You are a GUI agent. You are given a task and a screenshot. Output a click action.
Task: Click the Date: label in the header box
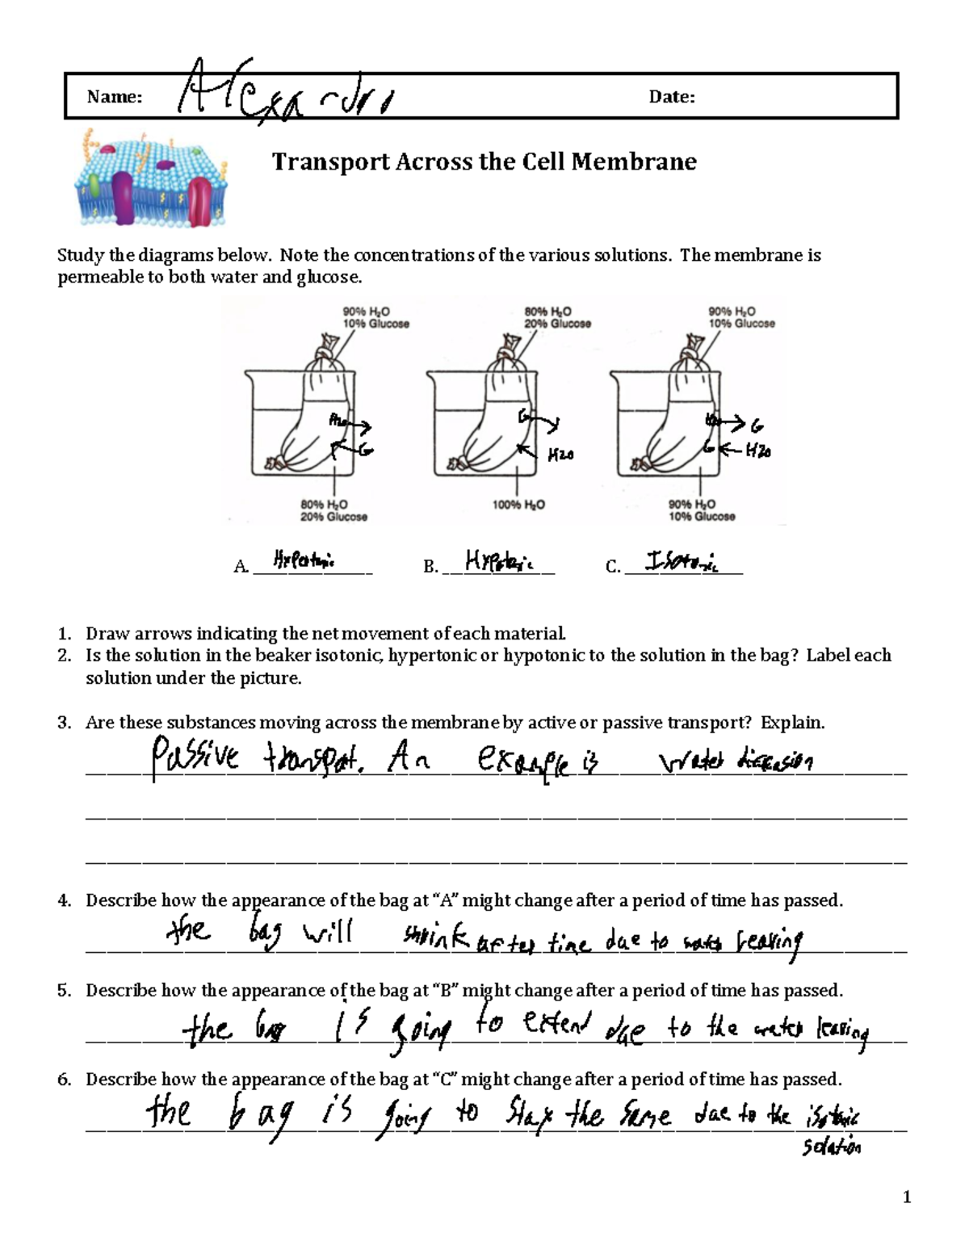coord(671,98)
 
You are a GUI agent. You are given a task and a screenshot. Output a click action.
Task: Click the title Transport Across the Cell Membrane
coord(484,162)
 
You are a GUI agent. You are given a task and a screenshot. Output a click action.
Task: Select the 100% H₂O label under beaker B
coord(518,505)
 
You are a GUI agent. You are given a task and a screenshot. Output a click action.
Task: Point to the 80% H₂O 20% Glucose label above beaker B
coord(557,317)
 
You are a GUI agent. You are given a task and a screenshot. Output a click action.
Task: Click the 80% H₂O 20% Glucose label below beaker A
coord(333,510)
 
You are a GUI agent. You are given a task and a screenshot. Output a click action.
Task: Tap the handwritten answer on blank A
coord(304,560)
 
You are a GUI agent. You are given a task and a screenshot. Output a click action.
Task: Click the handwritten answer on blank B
coord(498,560)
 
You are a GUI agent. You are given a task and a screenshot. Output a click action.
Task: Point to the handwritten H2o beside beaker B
coord(560,456)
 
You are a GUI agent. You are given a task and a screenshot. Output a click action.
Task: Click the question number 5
coord(65,991)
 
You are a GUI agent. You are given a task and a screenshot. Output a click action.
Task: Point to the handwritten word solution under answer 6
coord(831,1147)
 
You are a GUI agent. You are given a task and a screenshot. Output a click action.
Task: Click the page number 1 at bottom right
coord(907,1197)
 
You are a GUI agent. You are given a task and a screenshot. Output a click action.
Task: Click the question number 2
coord(65,656)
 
